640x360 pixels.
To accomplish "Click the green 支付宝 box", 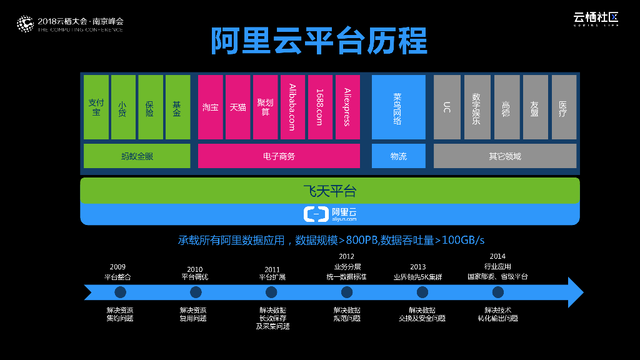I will [96, 107].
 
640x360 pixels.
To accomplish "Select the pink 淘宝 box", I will [210, 107].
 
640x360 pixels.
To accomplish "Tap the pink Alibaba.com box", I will [292, 107].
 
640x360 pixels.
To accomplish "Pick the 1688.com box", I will [320, 107].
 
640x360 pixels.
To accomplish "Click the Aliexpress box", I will [347, 107].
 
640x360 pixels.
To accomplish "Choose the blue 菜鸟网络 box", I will [398, 107].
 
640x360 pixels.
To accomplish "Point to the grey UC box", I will [446, 107].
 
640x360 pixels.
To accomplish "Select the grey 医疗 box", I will [563, 107].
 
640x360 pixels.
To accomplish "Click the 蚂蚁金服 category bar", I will [137, 156].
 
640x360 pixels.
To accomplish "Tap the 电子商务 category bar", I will [279, 156].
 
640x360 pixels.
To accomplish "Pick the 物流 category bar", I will [398, 156].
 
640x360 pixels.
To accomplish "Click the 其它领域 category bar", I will [505, 156].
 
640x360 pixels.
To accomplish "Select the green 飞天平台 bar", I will [329, 191].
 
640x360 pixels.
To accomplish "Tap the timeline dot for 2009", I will [120, 292].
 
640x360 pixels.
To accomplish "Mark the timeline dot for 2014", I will [497, 292].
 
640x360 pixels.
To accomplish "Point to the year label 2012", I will [346, 256].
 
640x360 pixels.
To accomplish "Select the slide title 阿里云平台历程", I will [319, 41].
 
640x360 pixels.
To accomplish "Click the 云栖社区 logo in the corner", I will [596, 19].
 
